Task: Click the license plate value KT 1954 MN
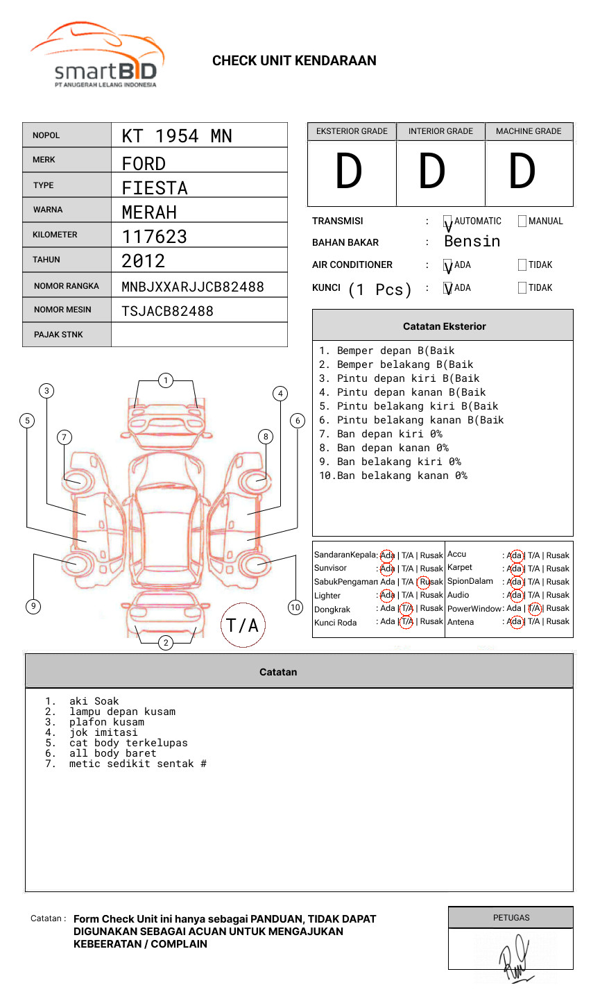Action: click(177, 136)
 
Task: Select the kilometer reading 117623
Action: click(155, 237)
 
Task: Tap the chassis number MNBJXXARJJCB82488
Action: click(193, 287)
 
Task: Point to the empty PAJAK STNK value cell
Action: click(199, 335)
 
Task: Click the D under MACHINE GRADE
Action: click(522, 172)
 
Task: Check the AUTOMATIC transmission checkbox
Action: click(448, 221)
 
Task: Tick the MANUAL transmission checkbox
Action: click(522, 221)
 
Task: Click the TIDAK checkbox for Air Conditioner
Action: click(522, 265)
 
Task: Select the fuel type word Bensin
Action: click(472, 242)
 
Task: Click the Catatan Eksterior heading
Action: click(444, 326)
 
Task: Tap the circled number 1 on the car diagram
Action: click(165, 380)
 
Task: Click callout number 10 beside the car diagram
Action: click(295, 607)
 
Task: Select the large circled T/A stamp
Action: click(243, 625)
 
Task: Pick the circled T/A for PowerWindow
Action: click(534, 609)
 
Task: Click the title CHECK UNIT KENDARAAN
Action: click(294, 61)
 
